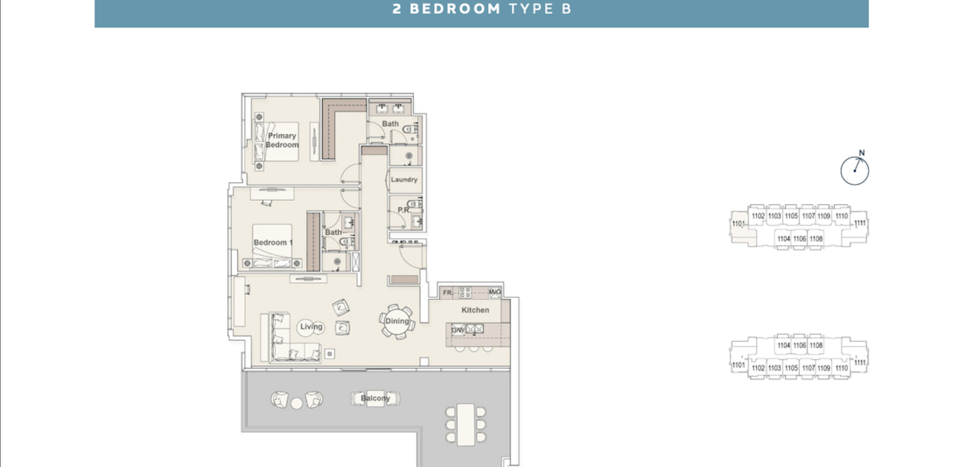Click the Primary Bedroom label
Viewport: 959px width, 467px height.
282,140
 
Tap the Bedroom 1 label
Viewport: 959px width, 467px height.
273,243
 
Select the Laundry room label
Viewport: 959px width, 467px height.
404,179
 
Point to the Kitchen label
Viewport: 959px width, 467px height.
475,310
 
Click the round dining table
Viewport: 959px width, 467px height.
397,321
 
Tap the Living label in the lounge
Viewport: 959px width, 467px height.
311,327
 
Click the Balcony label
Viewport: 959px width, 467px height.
375,398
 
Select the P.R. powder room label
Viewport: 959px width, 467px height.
404,210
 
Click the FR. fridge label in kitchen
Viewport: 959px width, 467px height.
448,293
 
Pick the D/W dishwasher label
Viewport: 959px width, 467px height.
457,330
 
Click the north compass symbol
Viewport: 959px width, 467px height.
854,171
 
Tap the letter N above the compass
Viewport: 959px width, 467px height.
862,153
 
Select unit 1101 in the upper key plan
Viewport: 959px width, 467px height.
738,224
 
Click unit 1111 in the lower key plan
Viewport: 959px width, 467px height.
860,363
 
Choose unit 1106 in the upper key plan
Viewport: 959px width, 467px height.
800,239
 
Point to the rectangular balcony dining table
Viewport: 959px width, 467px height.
466,425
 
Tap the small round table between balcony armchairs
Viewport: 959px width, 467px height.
296,403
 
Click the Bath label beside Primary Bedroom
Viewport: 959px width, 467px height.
390,124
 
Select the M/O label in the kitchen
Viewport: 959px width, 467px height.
495,292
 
